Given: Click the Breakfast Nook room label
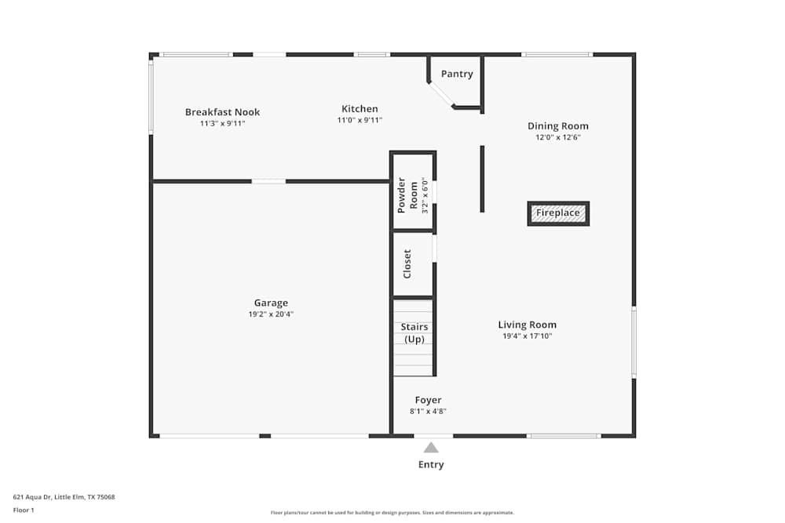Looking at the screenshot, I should pos(222,112).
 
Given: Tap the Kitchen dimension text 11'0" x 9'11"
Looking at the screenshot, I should pos(360,121).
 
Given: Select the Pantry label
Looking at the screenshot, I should pos(457,74).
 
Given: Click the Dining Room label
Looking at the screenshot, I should pos(557,126).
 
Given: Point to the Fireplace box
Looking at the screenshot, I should pos(558,213).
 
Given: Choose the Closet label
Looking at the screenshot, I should pos(407,264).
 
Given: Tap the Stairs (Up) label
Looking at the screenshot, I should pos(414,332).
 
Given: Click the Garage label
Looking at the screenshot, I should pos(271,303).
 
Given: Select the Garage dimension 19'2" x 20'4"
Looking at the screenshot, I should pos(271,314).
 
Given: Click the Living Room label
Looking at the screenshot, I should pos(527,325).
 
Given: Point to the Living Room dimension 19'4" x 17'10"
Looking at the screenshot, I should pos(527,336).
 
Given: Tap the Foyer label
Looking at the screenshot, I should pos(428,400).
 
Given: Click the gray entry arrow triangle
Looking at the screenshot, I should pos(431,448).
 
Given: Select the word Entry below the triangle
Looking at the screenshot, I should pos(431,464).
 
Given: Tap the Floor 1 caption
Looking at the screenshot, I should pos(24,510).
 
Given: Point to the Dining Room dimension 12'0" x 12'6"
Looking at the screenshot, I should pos(557,137).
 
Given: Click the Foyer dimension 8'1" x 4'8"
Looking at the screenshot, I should pos(428,411).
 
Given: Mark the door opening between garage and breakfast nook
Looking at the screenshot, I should pos(268,181).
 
